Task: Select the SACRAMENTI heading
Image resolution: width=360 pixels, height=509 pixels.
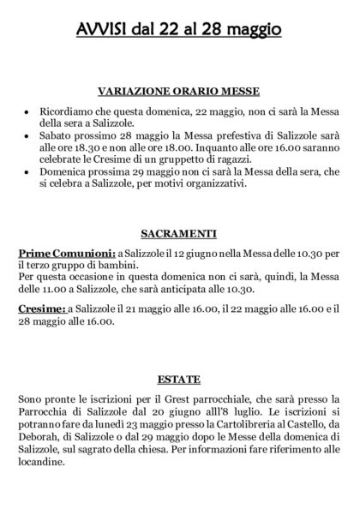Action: pyautogui.click(x=180, y=231)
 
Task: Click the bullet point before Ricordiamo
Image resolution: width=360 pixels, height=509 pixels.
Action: pyautogui.click(x=28, y=113)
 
